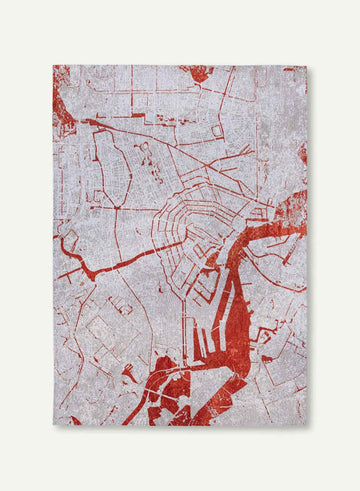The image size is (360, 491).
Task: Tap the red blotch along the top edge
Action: [197, 73]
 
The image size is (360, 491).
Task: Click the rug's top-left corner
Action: [53, 66]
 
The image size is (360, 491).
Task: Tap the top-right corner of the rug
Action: [307, 67]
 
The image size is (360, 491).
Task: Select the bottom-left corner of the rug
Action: [53, 424]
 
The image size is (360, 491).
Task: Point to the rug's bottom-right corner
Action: [307, 425]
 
